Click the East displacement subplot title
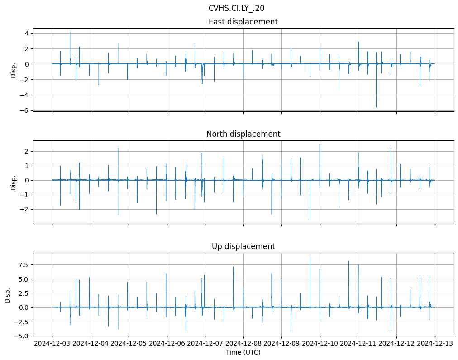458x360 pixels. pyautogui.click(x=243, y=22)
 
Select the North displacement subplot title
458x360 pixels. pyautogui.click(x=243, y=134)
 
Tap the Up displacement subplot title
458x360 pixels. pyautogui.click(x=243, y=246)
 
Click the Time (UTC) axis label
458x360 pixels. pyautogui.click(x=243, y=352)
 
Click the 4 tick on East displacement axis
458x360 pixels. pyautogui.click(x=27, y=33)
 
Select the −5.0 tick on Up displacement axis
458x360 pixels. pyautogui.click(x=22, y=336)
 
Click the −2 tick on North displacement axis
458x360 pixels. pyautogui.click(x=25, y=209)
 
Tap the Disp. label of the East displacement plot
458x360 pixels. pyautogui.click(x=14, y=70)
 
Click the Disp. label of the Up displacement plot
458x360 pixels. pyautogui.click(x=7, y=295)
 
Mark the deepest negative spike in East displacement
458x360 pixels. pyautogui.click(x=376, y=107)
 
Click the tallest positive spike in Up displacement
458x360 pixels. pyautogui.click(x=310, y=257)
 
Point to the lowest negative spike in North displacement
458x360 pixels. pyautogui.click(x=310, y=220)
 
